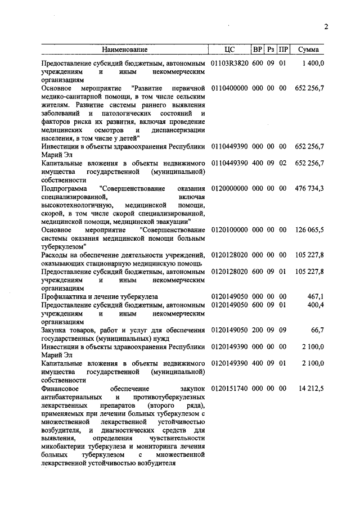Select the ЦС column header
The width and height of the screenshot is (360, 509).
click(x=229, y=50)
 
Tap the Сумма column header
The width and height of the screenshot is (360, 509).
click(x=309, y=50)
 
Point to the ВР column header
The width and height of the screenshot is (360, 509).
click(x=258, y=50)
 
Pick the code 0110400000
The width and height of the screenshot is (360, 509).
click(x=229, y=88)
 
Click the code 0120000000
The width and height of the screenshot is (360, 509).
click(x=229, y=188)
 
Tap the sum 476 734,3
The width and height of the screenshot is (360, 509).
click(x=309, y=188)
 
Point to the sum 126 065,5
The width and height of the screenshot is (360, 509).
click(x=309, y=229)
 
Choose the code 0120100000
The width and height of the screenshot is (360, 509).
click(x=229, y=229)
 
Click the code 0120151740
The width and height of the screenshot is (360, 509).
click(x=229, y=388)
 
